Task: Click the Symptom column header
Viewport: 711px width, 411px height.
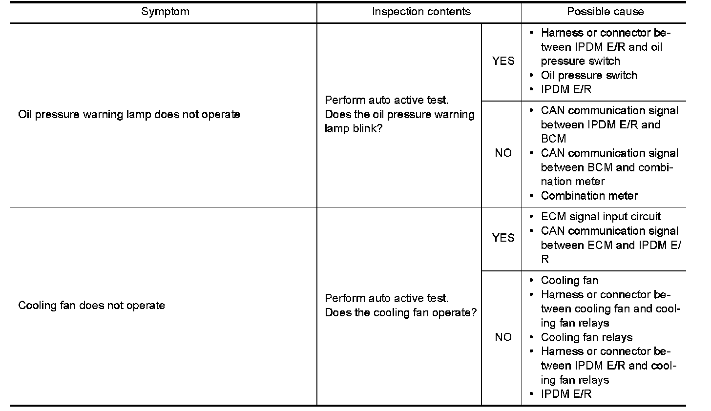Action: tap(165, 12)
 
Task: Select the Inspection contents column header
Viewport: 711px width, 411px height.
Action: tap(421, 12)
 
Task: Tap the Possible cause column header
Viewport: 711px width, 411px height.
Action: tap(605, 12)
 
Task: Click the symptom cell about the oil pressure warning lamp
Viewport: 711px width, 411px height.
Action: tap(129, 115)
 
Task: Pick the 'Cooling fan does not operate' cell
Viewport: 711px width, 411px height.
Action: tap(91, 306)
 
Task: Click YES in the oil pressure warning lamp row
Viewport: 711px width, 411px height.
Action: tap(503, 61)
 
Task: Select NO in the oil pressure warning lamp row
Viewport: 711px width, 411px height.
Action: tap(503, 153)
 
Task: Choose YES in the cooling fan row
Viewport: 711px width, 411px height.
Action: tap(503, 238)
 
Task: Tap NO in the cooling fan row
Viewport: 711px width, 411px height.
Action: tap(503, 337)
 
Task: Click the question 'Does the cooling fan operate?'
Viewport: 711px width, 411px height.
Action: tap(400, 312)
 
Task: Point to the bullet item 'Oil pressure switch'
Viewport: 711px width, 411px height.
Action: tap(589, 76)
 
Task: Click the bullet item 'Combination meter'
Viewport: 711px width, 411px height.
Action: tap(589, 196)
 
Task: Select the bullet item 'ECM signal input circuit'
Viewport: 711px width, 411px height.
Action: tap(601, 217)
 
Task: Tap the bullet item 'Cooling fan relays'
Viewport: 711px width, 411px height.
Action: tap(586, 337)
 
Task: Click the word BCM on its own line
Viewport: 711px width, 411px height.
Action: tap(553, 139)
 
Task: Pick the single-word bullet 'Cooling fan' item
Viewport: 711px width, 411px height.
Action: tap(569, 281)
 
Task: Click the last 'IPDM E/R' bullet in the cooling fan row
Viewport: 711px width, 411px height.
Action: tap(566, 394)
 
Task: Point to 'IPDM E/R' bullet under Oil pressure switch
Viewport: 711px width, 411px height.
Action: tap(566, 90)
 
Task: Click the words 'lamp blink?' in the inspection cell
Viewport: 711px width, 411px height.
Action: tap(353, 129)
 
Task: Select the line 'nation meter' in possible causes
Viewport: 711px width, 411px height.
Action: tap(573, 182)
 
